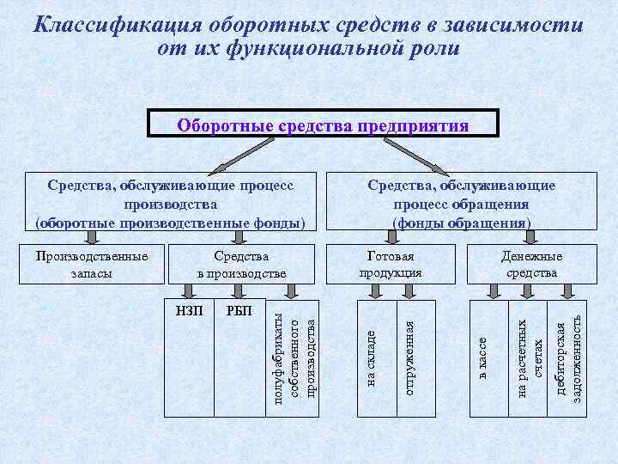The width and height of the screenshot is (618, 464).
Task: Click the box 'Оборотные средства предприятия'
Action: (323, 126)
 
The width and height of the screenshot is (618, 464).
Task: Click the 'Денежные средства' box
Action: (531, 265)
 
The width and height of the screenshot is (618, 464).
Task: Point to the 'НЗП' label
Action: (190, 311)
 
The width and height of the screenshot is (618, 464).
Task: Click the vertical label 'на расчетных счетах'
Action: (530, 357)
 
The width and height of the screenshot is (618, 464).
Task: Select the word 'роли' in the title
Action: (435, 47)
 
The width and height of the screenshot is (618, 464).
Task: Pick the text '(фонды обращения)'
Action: (461, 223)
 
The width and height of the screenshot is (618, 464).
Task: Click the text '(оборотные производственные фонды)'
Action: (170, 223)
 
